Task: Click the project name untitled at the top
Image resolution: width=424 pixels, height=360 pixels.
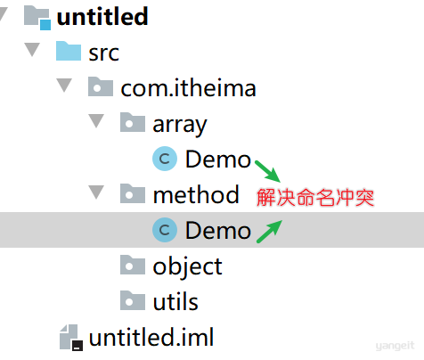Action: click(102, 17)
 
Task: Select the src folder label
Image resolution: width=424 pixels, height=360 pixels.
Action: click(104, 53)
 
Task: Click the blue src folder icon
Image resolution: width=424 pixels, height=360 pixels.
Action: click(69, 51)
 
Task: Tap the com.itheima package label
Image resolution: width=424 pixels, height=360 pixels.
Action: click(188, 88)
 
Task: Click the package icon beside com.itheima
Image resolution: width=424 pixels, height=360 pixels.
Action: click(101, 86)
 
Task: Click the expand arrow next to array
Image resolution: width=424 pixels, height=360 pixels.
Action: click(96, 121)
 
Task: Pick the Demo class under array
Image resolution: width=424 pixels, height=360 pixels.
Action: click(218, 160)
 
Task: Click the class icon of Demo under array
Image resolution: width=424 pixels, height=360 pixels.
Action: click(165, 159)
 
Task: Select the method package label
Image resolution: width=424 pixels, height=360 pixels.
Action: click(196, 194)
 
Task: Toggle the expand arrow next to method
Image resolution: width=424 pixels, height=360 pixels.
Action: click(96, 192)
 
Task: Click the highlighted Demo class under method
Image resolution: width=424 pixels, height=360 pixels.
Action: click(218, 231)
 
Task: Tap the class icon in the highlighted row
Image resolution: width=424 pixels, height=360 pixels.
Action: click(165, 230)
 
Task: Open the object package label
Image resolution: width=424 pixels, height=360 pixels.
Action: click(187, 267)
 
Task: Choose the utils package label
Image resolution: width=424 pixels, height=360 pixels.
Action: click(175, 301)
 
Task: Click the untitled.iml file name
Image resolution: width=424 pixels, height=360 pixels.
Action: click(151, 337)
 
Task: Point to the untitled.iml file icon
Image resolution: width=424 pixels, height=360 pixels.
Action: click(71, 337)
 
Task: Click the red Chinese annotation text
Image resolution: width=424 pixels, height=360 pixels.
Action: click(315, 198)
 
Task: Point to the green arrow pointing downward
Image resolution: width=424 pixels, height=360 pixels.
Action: click(267, 171)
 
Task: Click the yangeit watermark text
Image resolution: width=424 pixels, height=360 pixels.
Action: click(395, 346)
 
